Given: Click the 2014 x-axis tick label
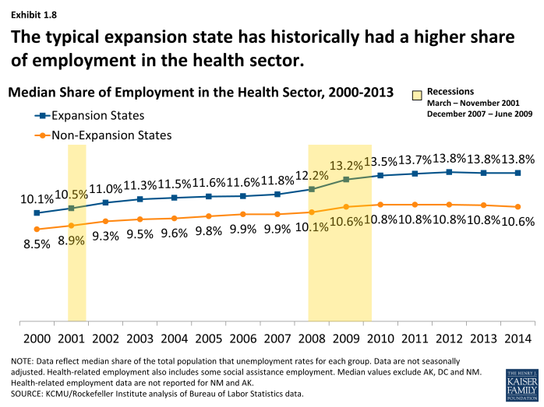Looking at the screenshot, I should click(x=518, y=339).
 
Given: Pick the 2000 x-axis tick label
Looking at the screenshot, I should click(x=37, y=339).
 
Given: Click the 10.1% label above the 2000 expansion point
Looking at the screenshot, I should click(x=37, y=198).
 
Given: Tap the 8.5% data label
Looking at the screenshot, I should click(x=37, y=244).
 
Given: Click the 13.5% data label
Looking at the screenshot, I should click(x=381, y=162).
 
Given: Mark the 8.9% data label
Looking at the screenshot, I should click(x=71, y=240).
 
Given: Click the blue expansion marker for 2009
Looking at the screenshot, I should click(x=345, y=180).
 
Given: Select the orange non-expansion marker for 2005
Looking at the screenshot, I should click(x=208, y=216).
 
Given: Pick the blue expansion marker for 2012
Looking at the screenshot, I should click(x=449, y=171).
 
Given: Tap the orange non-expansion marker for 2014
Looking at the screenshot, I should click(x=518, y=207).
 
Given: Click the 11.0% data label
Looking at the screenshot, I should click(x=106, y=188).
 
